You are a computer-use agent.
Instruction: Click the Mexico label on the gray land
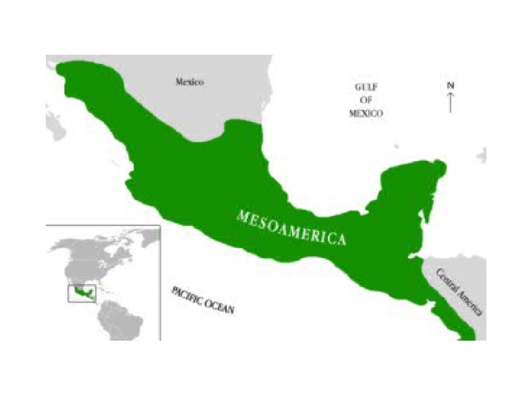[189, 82]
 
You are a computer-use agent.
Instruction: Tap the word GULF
[366, 87]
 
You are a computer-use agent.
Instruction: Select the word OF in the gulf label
[366, 100]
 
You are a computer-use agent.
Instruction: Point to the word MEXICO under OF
[366, 113]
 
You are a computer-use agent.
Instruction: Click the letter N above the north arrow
[451, 85]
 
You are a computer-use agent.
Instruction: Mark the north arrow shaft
[451, 102]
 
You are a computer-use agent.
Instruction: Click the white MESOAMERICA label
[292, 227]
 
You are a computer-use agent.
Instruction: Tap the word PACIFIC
[189, 295]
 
